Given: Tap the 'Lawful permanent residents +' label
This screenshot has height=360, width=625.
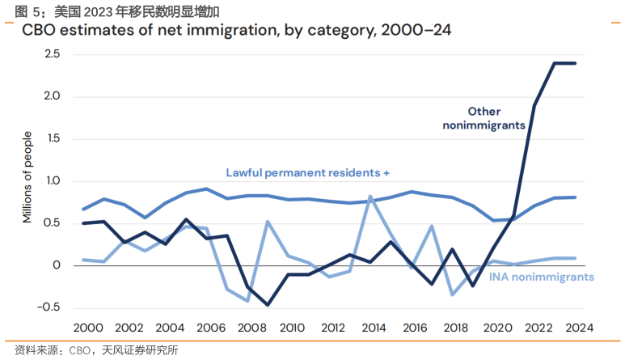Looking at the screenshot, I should [308, 172].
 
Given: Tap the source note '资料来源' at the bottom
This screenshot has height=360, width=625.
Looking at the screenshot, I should [90, 350].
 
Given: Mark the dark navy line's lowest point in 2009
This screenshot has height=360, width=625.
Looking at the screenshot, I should [268, 305].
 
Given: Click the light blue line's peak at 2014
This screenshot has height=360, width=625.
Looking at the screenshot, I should [370, 197].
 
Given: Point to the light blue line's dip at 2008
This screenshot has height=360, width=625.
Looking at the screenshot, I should [247, 301].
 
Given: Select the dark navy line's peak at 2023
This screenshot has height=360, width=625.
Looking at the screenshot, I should [556, 63].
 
